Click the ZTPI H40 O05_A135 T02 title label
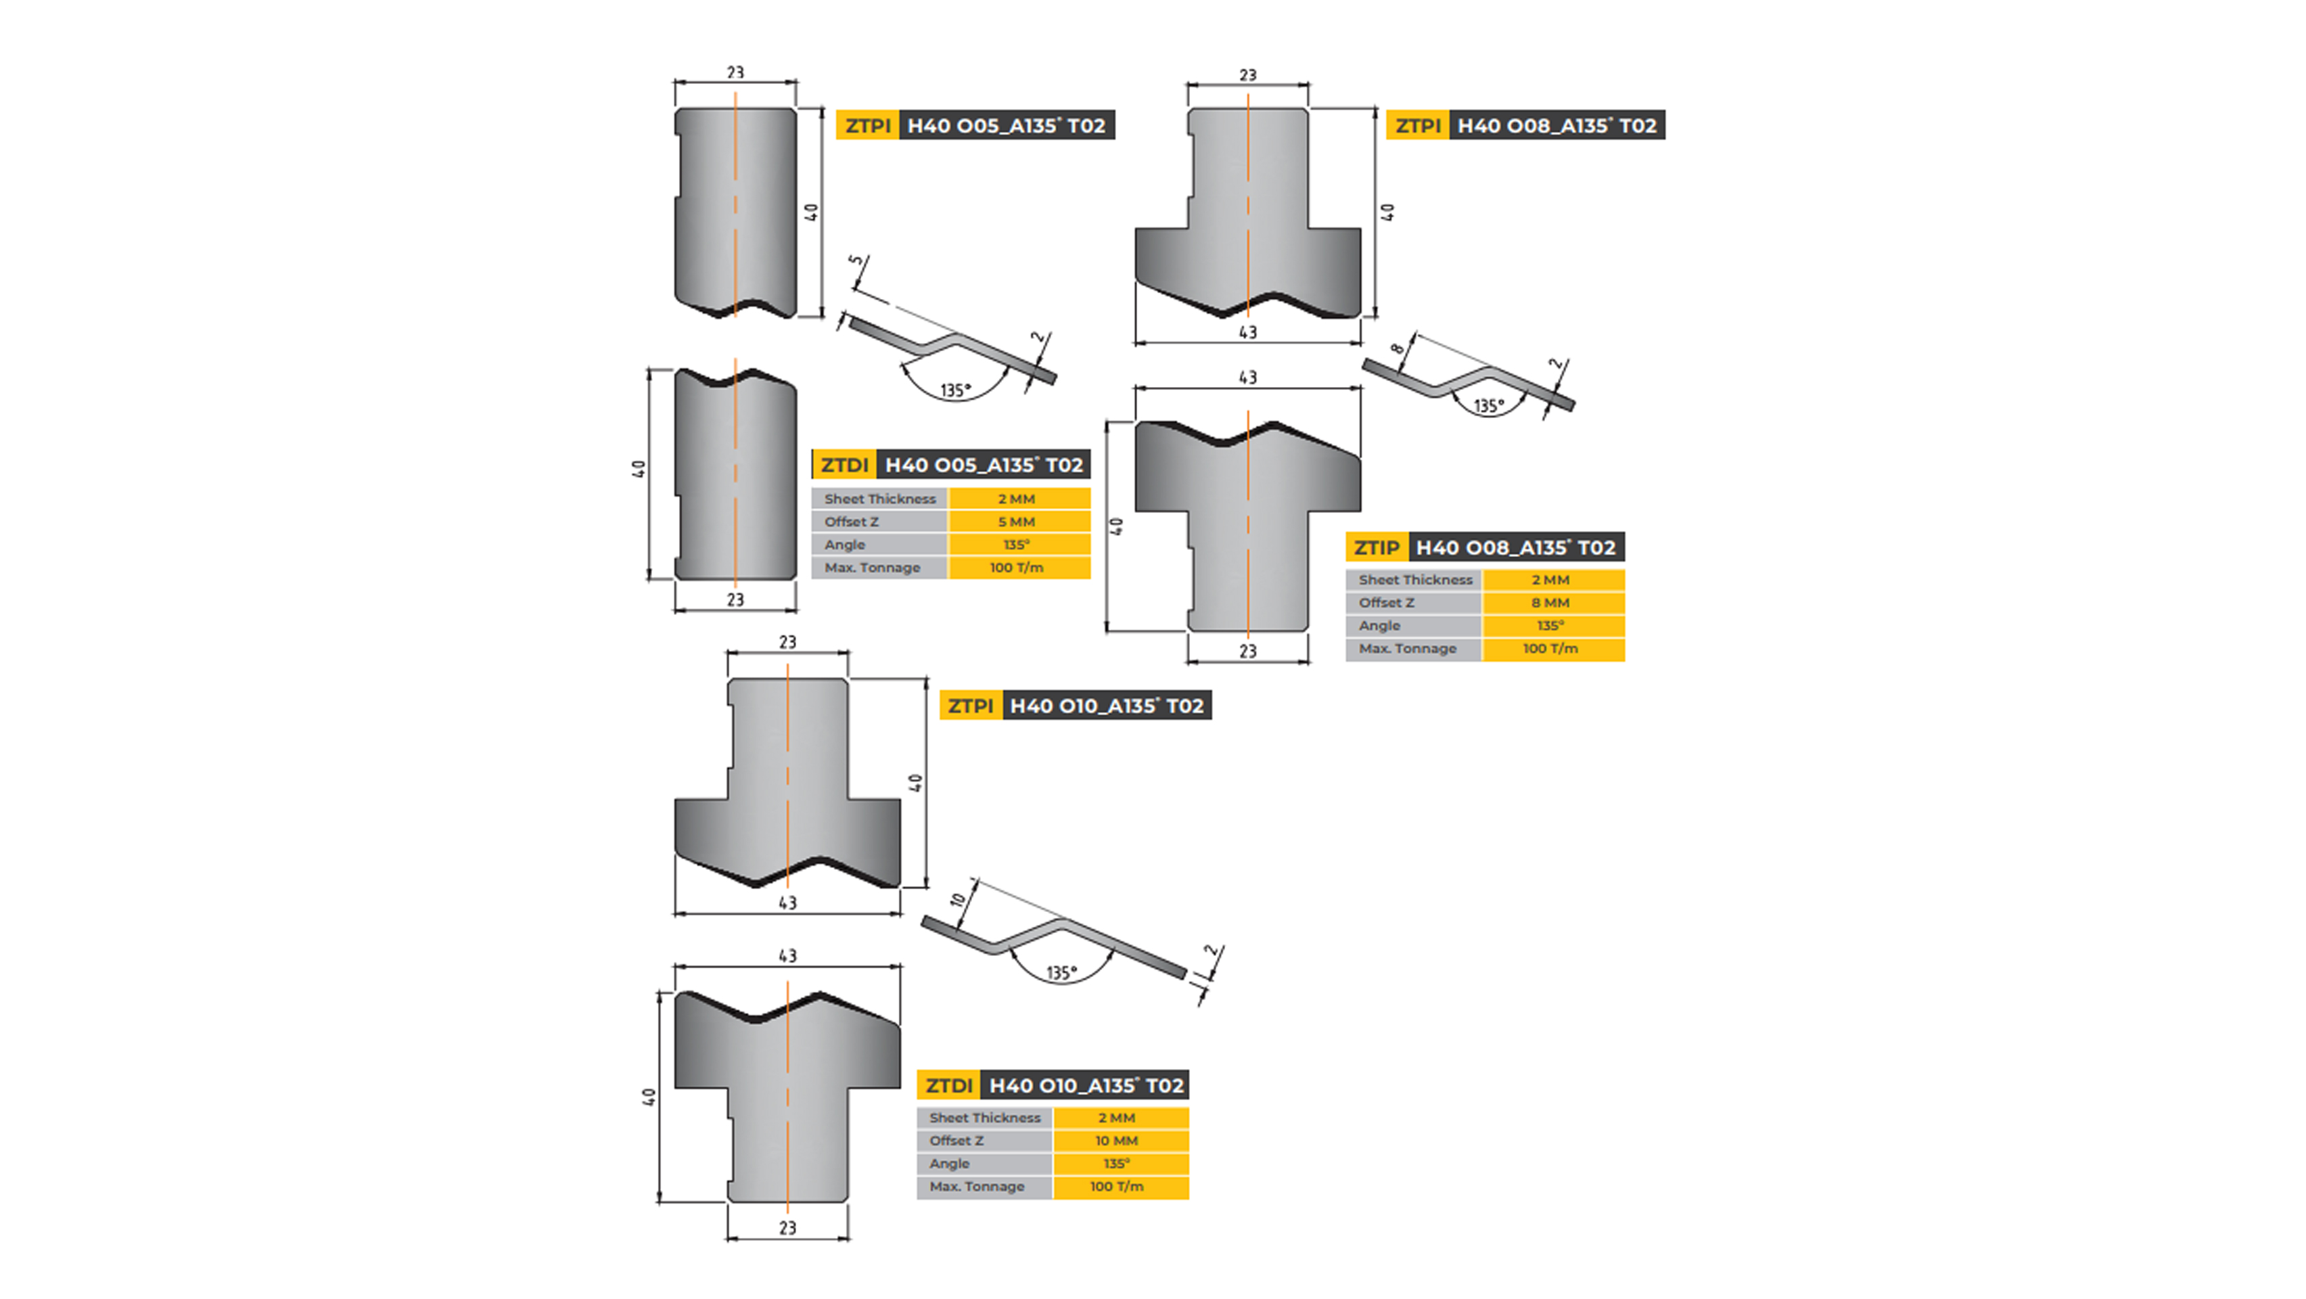[975, 125]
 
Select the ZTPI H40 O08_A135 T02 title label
[1525, 125]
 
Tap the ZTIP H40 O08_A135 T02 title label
[1484, 547]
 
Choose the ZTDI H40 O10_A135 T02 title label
[1053, 1085]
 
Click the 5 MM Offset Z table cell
[1017, 522]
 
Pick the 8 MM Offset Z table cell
[1550, 603]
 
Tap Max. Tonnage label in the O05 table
[872, 568]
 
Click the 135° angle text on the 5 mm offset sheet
[956, 391]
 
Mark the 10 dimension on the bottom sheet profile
[958, 900]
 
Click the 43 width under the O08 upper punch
[1248, 333]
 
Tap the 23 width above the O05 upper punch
[735, 72]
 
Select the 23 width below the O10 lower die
[787, 1228]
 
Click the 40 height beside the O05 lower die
[639, 469]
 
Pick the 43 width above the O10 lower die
[787, 956]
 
